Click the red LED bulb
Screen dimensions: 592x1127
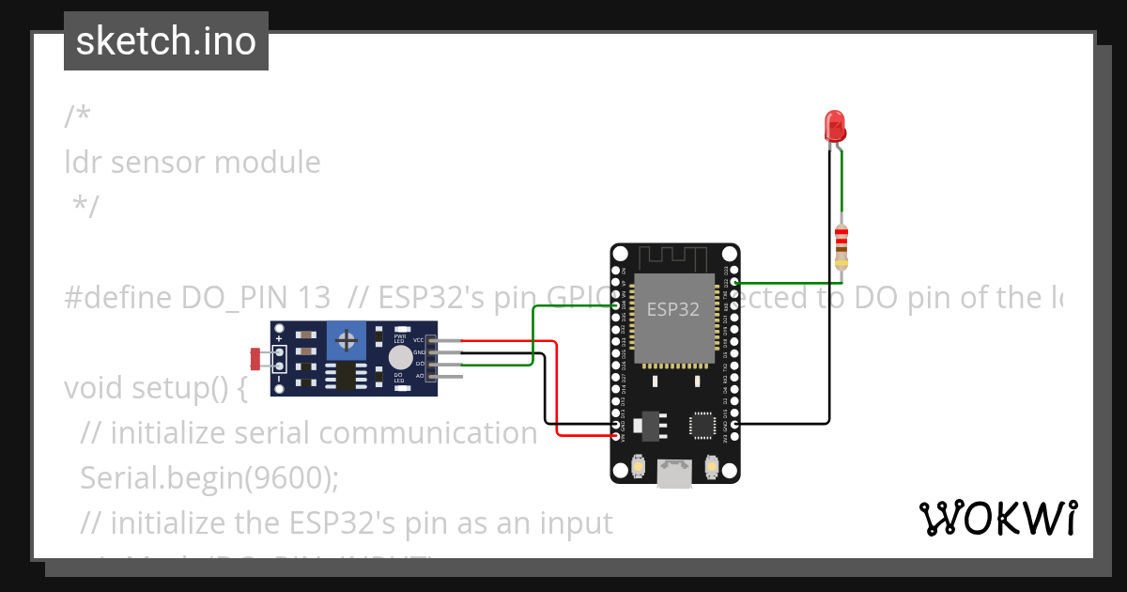[x=834, y=125]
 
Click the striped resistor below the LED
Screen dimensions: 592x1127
[x=841, y=246]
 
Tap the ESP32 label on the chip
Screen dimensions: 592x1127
[x=673, y=309]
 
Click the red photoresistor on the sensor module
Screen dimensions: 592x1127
[x=255, y=358]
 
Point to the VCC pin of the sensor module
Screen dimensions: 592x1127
[x=433, y=340]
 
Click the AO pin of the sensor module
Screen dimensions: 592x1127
[x=433, y=376]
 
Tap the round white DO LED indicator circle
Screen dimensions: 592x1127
[x=401, y=357]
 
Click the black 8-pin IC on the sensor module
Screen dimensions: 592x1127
[x=348, y=376]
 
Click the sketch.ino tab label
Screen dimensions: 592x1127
[x=166, y=41]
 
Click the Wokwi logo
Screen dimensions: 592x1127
[x=997, y=518]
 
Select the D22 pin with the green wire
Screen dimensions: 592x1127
[x=733, y=282]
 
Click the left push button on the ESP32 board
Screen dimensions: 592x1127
[x=639, y=466]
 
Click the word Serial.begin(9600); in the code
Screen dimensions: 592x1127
[x=208, y=477]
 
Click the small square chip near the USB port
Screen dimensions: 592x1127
[x=703, y=425]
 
